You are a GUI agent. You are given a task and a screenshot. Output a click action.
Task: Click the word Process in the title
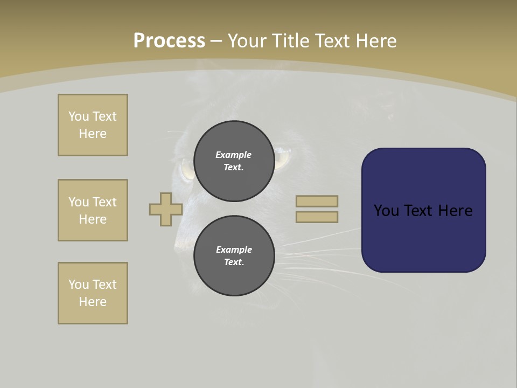169,41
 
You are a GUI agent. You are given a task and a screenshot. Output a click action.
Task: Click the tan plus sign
166,209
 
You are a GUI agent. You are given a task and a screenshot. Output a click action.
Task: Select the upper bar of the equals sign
317,201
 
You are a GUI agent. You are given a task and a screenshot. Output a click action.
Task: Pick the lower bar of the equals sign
317,217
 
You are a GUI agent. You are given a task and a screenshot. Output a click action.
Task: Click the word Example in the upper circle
234,155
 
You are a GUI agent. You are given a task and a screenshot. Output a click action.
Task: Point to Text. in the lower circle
234,262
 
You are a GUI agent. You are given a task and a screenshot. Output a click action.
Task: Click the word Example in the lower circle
234,250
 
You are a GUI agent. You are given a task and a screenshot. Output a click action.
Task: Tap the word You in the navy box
386,211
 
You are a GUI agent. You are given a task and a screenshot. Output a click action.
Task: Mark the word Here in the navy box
455,211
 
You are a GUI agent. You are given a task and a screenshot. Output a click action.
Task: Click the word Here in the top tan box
93,134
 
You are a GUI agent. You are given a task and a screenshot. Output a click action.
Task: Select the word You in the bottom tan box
79,284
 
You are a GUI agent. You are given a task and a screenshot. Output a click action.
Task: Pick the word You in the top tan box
79,116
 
